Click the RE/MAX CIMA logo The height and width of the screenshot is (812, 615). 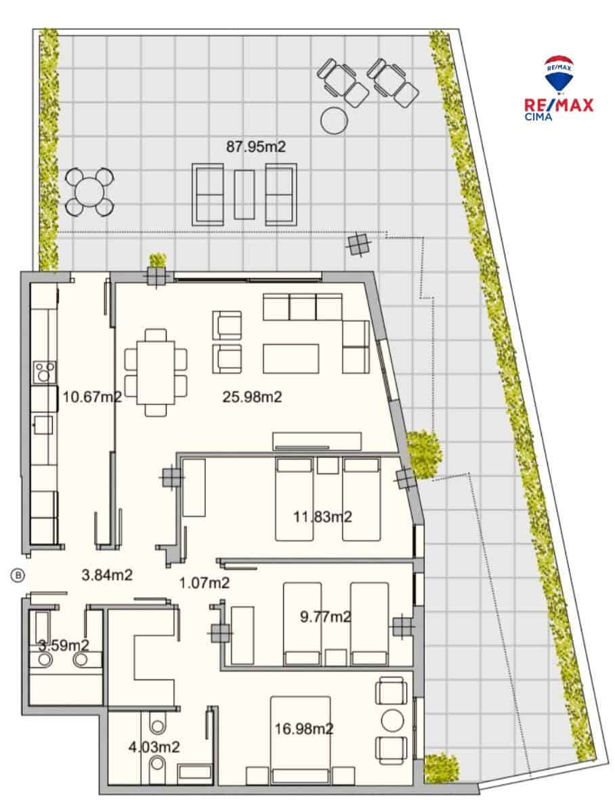tap(559, 88)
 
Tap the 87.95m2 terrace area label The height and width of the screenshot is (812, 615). tap(261, 146)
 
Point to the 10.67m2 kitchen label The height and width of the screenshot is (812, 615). tap(92, 397)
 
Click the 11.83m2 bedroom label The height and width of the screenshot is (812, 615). tap(322, 517)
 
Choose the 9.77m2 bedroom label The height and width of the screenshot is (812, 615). tap(326, 617)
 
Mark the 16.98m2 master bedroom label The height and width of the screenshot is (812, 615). tap(304, 729)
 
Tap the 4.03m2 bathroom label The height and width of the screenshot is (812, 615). tap(154, 748)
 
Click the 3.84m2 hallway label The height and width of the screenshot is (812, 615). tap(107, 575)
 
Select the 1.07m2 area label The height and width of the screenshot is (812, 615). tap(205, 582)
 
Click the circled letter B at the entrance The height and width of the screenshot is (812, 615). tap(18, 575)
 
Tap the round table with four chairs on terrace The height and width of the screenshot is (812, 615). tap(89, 192)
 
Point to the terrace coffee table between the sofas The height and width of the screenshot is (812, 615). tap(244, 194)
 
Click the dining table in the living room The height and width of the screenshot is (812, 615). tap(156, 371)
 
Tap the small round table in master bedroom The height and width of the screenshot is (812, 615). tap(392, 720)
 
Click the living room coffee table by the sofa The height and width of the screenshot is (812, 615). tap(291, 359)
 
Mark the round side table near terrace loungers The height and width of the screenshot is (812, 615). tap(333, 120)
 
